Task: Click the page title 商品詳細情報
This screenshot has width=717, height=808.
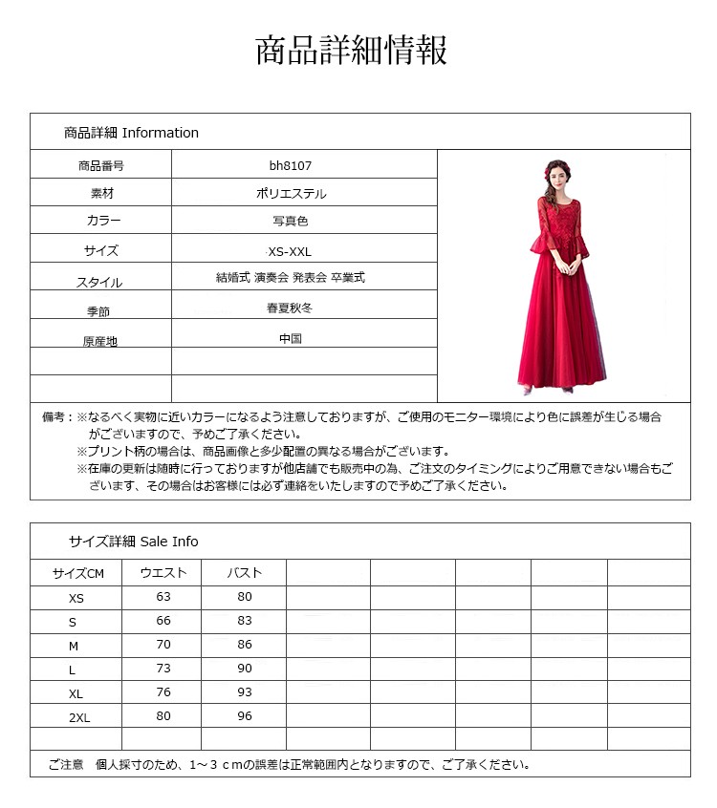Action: click(x=352, y=51)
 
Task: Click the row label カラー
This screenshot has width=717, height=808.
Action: click(x=103, y=221)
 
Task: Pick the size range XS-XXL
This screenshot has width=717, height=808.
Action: click(x=291, y=251)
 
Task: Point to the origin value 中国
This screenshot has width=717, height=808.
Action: click(x=291, y=338)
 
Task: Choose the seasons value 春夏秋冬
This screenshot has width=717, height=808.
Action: click(x=291, y=308)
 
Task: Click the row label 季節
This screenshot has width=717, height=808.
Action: click(x=98, y=311)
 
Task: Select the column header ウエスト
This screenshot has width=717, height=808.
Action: click(x=163, y=573)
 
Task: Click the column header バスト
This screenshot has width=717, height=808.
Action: click(x=244, y=573)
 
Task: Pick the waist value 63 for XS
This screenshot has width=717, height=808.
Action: click(x=163, y=597)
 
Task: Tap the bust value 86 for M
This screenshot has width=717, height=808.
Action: click(x=245, y=645)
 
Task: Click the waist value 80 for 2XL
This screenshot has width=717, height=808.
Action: click(x=163, y=716)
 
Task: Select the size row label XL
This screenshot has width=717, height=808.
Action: click(x=76, y=693)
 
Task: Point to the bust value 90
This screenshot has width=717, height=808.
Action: click(x=245, y=669)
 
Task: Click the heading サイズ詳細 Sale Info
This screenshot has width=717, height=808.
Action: click(x=133, y=542)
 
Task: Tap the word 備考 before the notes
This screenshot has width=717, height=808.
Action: click(x=55, y=417)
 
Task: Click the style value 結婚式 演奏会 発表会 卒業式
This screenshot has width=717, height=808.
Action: click(x=291, y=278)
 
